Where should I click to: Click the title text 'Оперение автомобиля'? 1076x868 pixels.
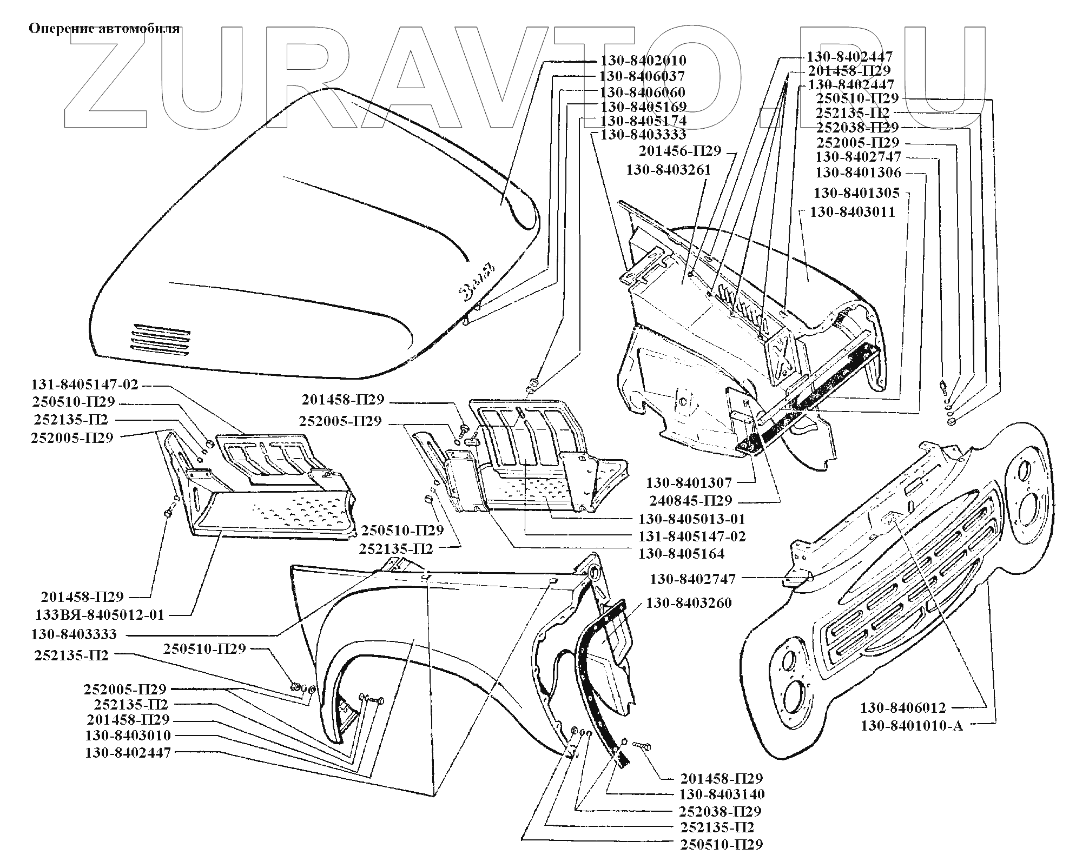(103, 28)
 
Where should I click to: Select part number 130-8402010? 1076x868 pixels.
(643, 61)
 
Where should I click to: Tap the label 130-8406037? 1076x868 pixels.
(642, 76)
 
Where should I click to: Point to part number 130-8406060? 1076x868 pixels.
(642, 92)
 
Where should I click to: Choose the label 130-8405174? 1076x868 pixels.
(643, 120)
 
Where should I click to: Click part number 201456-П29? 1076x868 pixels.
(680, 151)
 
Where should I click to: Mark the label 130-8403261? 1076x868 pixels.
(669, 170)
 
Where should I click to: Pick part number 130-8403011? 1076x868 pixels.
(852, 212)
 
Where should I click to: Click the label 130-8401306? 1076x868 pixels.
(858, 173)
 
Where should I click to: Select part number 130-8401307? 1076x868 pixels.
(689, 482)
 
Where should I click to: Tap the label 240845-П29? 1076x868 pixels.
(690, 500)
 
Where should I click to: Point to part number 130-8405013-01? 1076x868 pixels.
(692, 519)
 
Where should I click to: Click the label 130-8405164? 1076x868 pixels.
(681, 554)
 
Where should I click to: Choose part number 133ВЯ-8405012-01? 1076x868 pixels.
(100, 615)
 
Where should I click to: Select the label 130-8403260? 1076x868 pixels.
(689, 602)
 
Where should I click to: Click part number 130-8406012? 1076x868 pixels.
(903, 708)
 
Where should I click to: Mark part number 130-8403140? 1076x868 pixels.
(722, 794)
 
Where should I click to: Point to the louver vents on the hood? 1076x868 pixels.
(160, 340)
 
